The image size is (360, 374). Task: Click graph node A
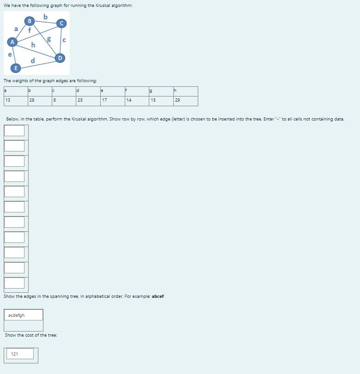pyautogui.click(x=13, y=42)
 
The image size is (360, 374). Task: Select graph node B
pyautogui.click(x=30, y=21)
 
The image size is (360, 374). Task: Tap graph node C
pyautogui.click(x=61, y=24)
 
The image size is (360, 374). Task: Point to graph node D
pyautogui.click(x=60, y=58)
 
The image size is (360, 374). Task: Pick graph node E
pyautogui.click(x=16, y=68)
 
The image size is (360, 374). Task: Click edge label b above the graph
pyautogui.click(x=45, y=17)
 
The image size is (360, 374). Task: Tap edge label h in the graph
pyautogui.click(x=33, y=45)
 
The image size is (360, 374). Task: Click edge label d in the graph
pyautogui.click(x=32, y=60)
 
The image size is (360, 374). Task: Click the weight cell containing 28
pyautogui.click(x=39, y=101)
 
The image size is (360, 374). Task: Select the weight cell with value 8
pyautogui.click(x=64, y=101)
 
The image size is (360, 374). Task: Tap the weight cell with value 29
pyautogui.click(x=185, y=101)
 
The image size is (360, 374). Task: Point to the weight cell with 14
pyautogui.click(x=136, y=101)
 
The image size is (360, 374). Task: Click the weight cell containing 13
pyautogui.click(x=15, y=101)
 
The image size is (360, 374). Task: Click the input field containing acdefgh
pyautogui.click(x=24, y=315)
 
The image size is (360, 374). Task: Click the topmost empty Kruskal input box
pyautogui.click(x=15, y=131)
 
